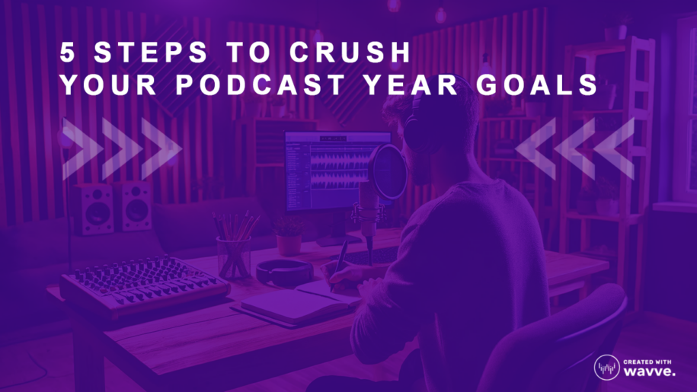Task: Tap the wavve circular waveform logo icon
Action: click(x=607, y=367)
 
